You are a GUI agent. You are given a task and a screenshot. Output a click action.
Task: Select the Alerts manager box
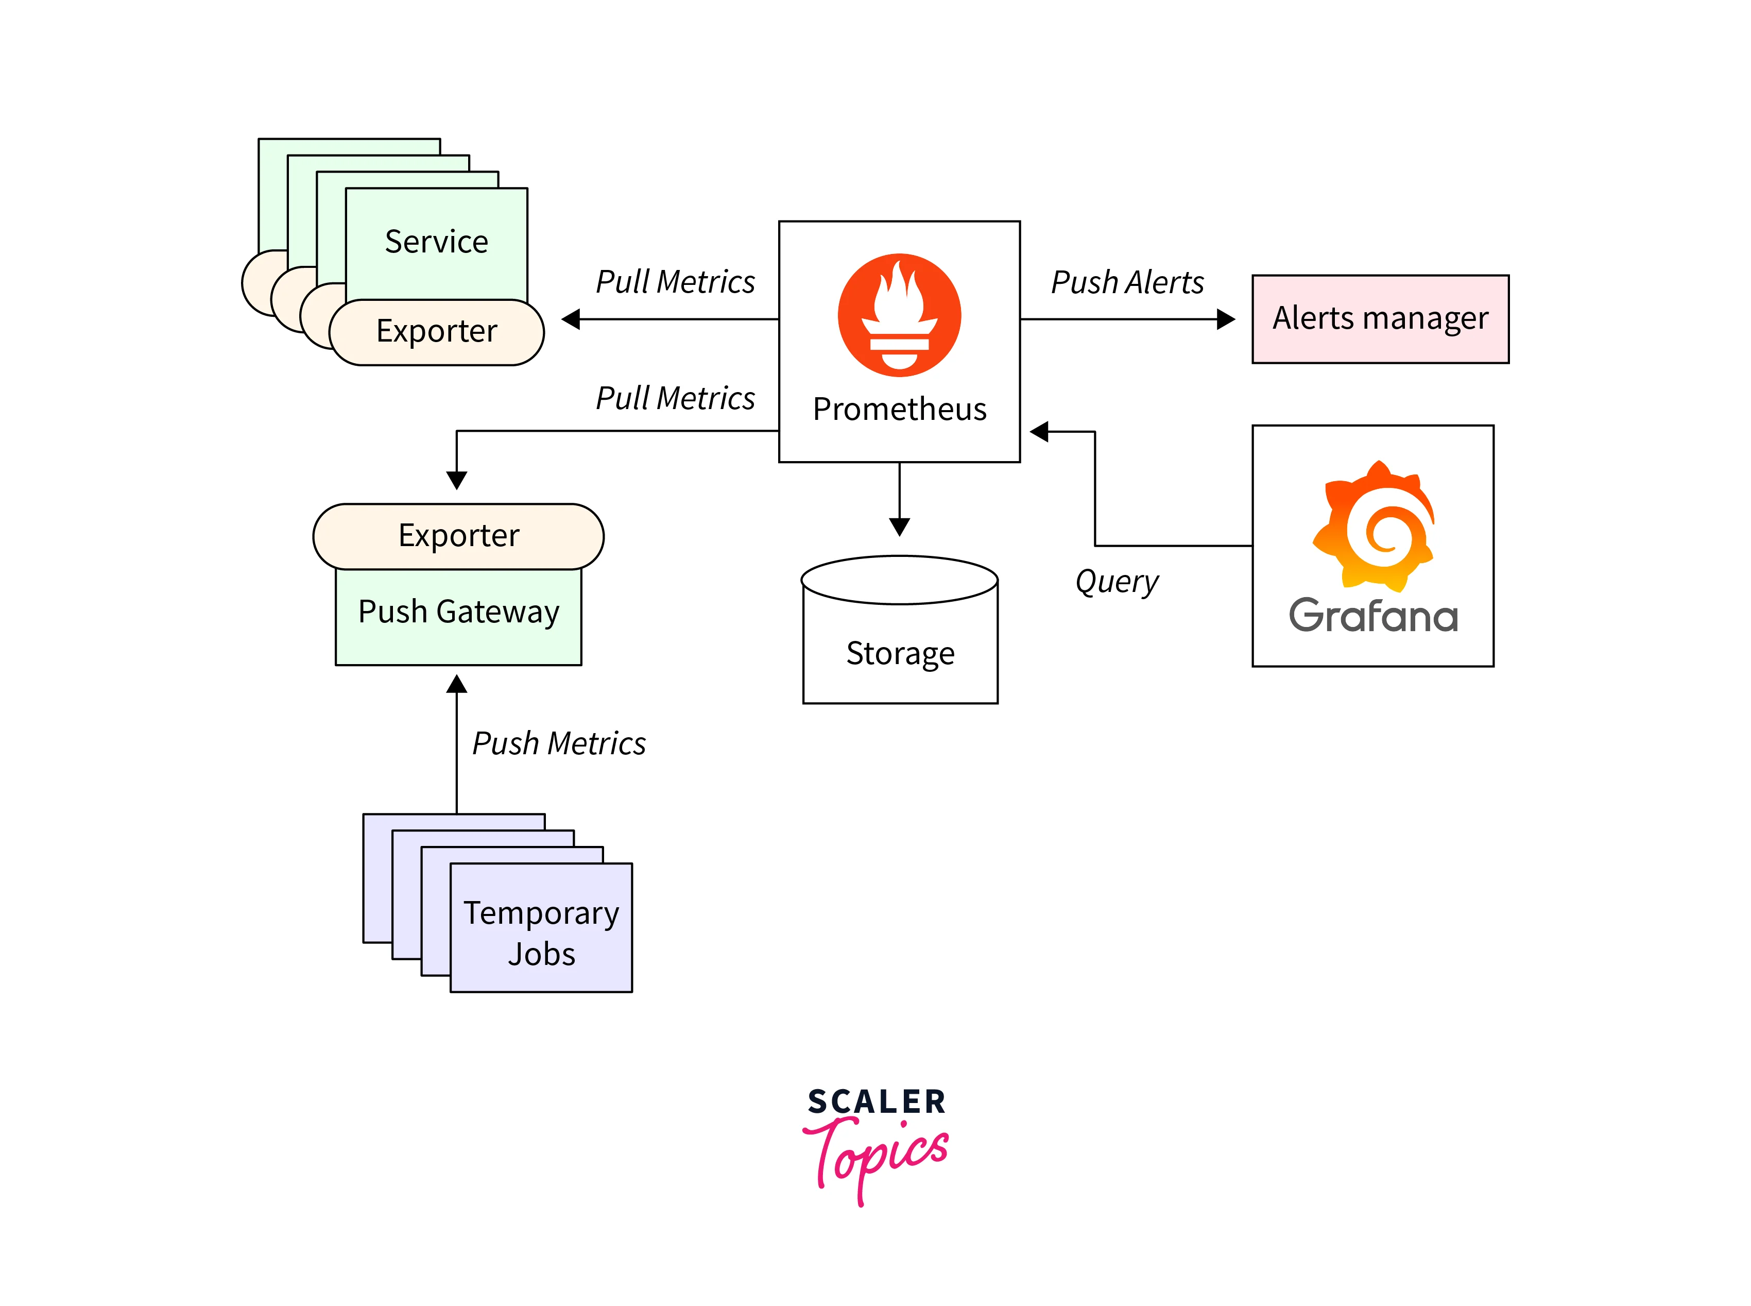pyautogui.click(x=1380, y=318)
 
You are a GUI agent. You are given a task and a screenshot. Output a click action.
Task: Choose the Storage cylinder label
pyautogui.click(x=900, y=653)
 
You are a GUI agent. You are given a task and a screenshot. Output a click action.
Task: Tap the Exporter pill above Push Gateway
pyautogui.click(x=458, y=536)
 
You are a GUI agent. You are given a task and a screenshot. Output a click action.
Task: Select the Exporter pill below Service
pyautogui.click(x=436, y=331)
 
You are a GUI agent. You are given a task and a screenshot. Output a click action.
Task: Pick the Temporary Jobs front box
pyautogui.click(x=541, y=933)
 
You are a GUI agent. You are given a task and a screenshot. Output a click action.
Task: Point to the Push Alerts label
pyautogui.click(x=1127, y=282)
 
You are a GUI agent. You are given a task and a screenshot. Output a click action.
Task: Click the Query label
pyautogui.click(x=1117, y=582)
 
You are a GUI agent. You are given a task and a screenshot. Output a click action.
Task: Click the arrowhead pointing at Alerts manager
pyautogui.click(x=1226, y=319)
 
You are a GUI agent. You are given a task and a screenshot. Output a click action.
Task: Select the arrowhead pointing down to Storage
pyautogui.click(x=899, y=527)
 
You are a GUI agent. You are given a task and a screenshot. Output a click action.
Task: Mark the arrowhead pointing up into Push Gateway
pyautogui.click(x=457, y=685)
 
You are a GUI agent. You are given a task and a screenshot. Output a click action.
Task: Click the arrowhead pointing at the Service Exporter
pyautogui.click(x=571, y=319)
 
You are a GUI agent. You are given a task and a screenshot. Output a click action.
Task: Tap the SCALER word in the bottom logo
pyautogui.click(x=877, y=1102)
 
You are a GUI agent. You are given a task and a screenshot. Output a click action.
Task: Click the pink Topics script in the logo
pyautogui.click(x=877, y=1154)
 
